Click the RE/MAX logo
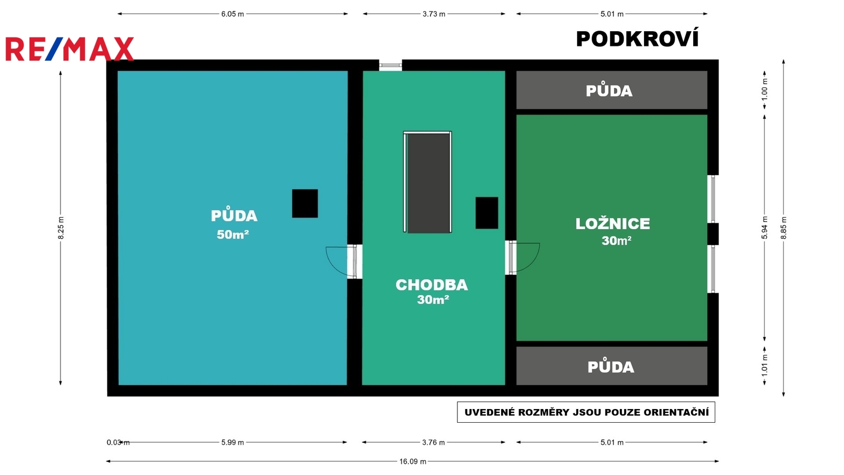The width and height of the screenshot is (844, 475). [70, 49]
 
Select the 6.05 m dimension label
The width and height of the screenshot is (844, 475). [233, 14]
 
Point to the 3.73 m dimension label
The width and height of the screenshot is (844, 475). [434, 14]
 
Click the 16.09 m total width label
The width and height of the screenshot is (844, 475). [413, 461]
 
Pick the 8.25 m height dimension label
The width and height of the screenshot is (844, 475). [61, 227]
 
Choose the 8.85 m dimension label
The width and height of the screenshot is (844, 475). [784, 227]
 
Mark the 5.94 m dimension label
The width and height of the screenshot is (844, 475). [764, 227]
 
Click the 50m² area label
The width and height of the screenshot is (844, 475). [233, 234]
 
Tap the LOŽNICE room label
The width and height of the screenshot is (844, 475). [612, 224]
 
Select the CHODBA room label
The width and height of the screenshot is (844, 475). [432, 285]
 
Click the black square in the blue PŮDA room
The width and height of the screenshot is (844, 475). [305, 204]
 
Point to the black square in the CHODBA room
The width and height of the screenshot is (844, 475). [487, 213]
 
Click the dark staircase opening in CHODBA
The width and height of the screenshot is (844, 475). [428, 182]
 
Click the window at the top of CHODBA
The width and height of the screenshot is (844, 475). [390, 65]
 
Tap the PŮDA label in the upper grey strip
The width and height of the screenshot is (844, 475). [609, 91]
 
